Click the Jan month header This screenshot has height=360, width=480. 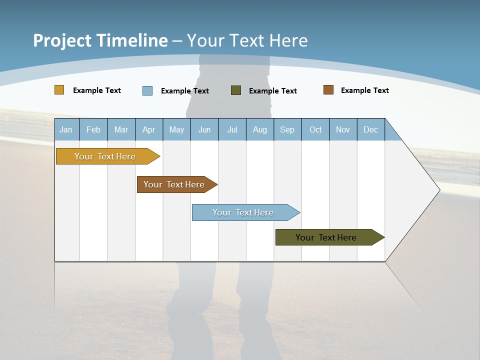(x=66, y=129)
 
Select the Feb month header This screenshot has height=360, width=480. (x=93, y=129)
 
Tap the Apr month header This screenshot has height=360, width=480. (x=149, y=129)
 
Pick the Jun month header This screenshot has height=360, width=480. (x=204, y=129)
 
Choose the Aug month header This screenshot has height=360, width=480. (x=260, y=129)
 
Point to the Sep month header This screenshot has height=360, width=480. (x=287, y=129)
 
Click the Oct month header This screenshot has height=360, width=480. (x=315, y=129)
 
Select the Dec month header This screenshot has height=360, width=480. (x=371, y=129)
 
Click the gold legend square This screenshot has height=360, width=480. (x=59, y=90)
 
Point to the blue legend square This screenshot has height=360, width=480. (x=147, y=90)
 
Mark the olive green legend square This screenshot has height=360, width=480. (x=236, y=90)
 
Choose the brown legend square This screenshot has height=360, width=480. (x=328, y=90)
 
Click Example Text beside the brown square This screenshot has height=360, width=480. (x=364, y=90)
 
